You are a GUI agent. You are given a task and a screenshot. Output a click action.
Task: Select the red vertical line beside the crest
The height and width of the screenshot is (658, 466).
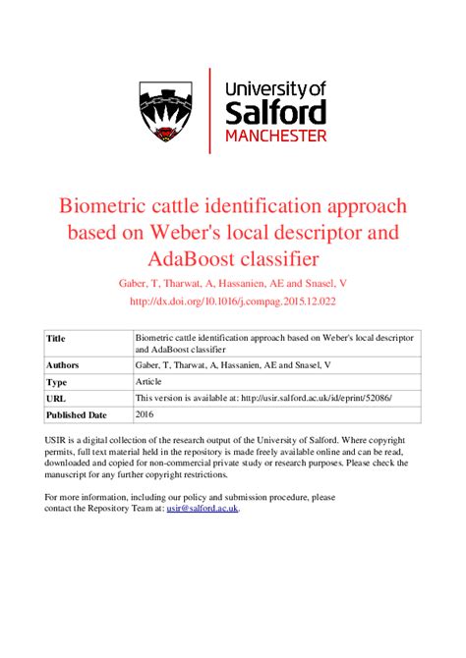(210, 110)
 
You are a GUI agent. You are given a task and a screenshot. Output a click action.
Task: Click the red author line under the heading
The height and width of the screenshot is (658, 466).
(232, 284)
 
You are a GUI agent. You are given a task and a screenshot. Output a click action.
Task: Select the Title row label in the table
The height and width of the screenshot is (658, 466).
(56, 339)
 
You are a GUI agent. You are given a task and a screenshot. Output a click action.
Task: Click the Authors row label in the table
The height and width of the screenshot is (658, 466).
(63, 364)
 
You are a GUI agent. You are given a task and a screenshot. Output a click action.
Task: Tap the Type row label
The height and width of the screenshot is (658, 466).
(57, 381)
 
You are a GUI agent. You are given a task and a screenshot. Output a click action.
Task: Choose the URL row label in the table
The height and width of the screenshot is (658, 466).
(56, 398)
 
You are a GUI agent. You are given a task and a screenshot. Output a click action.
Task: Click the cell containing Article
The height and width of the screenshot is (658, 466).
(150, 381)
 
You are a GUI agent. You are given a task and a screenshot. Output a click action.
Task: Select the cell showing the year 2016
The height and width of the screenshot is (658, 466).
(146, 414)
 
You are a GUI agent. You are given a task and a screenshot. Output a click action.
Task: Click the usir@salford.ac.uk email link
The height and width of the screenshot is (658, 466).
(203, 508)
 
